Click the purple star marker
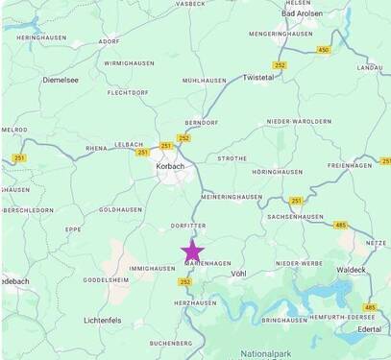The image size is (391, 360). [192, 253]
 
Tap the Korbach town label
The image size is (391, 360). [169, 166]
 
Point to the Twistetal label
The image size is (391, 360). [258, 77]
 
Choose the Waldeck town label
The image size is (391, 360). [352, 271]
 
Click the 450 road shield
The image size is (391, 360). [323, 50]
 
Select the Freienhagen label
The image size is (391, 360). [349, 165]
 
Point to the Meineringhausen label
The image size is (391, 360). [232, 197]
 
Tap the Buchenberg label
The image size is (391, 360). [171, 343]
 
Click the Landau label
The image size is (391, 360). [370, 68]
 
